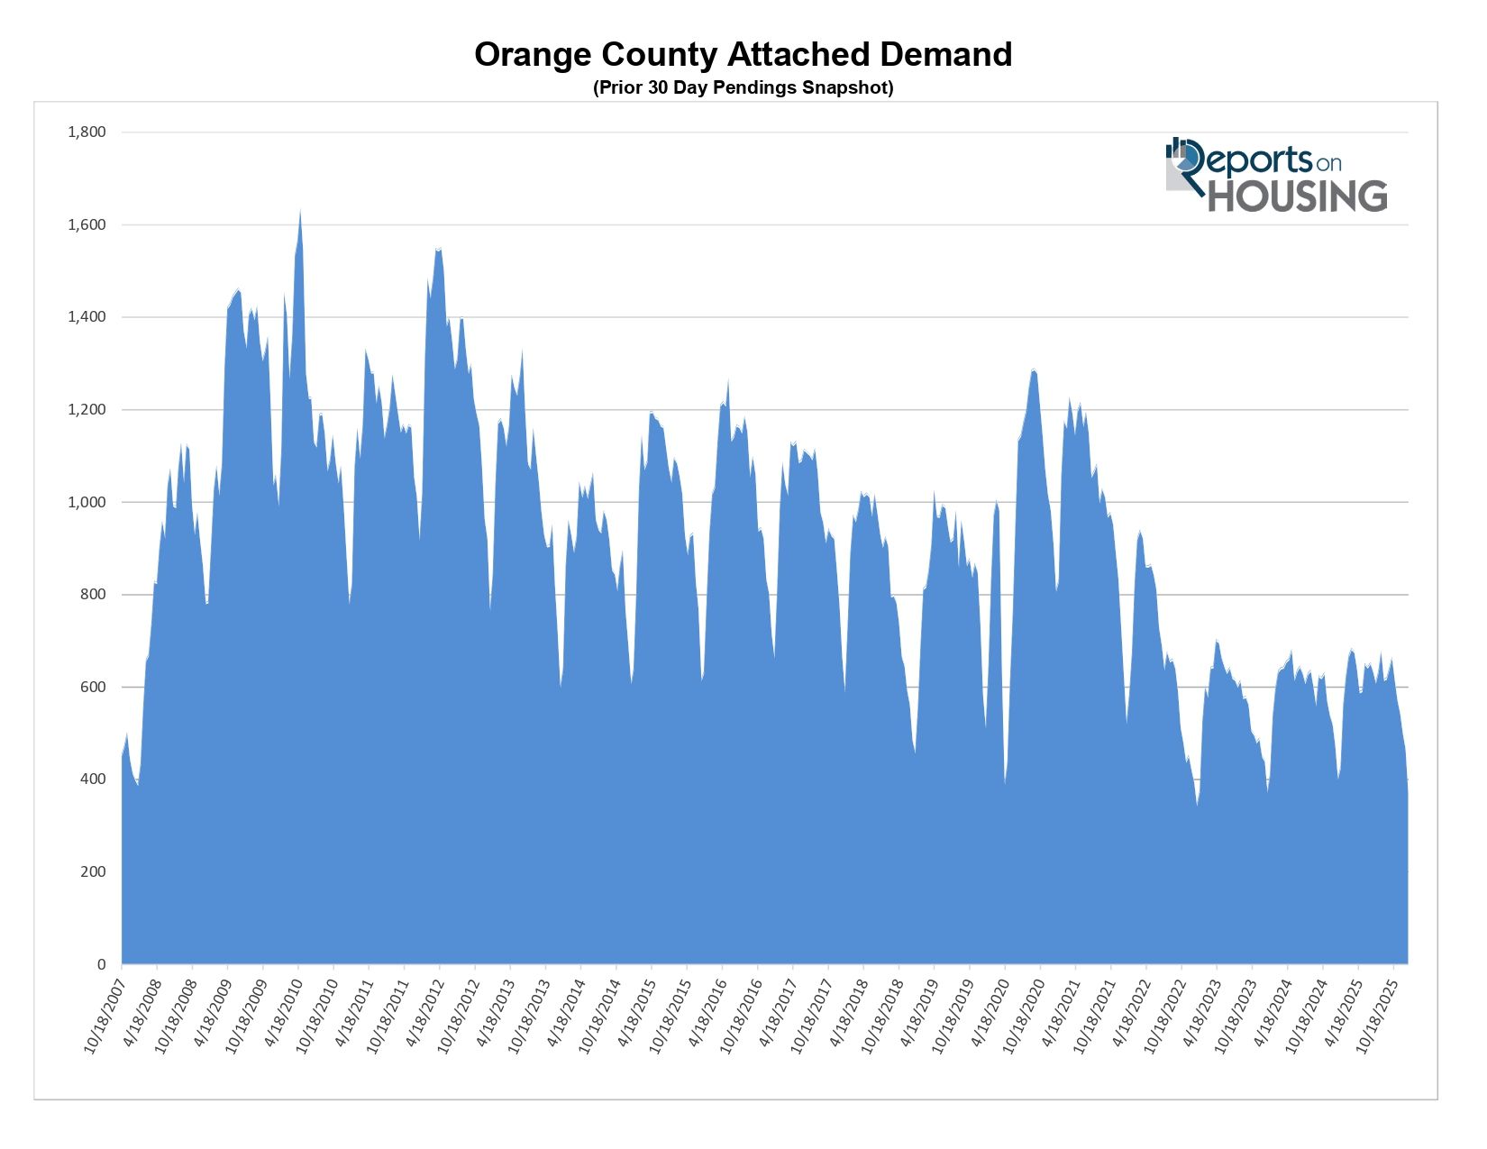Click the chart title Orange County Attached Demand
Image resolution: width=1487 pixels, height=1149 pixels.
pyautogui.click(x=743, y=55)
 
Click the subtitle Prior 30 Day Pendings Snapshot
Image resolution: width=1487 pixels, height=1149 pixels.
pyautogui.click(x=743, y=87)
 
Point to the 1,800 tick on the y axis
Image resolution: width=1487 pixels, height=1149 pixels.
pyautogui.click(x=87, y=132)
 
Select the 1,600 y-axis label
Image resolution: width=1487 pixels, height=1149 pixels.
pyautogui.click(x=87, y=224)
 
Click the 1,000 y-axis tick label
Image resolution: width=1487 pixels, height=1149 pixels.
pyautogui.click(x=87, y=502)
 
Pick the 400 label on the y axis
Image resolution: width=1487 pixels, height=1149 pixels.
pyautogui.click(x=93, y=780)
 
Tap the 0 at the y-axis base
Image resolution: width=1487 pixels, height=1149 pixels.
pyautogui.click(x=101, y=964)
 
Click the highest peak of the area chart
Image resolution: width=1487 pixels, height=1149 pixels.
pyautogui.click(x=300, y=213)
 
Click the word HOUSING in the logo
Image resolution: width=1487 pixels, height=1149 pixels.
pyautogui.click(x=1297, y=196)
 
